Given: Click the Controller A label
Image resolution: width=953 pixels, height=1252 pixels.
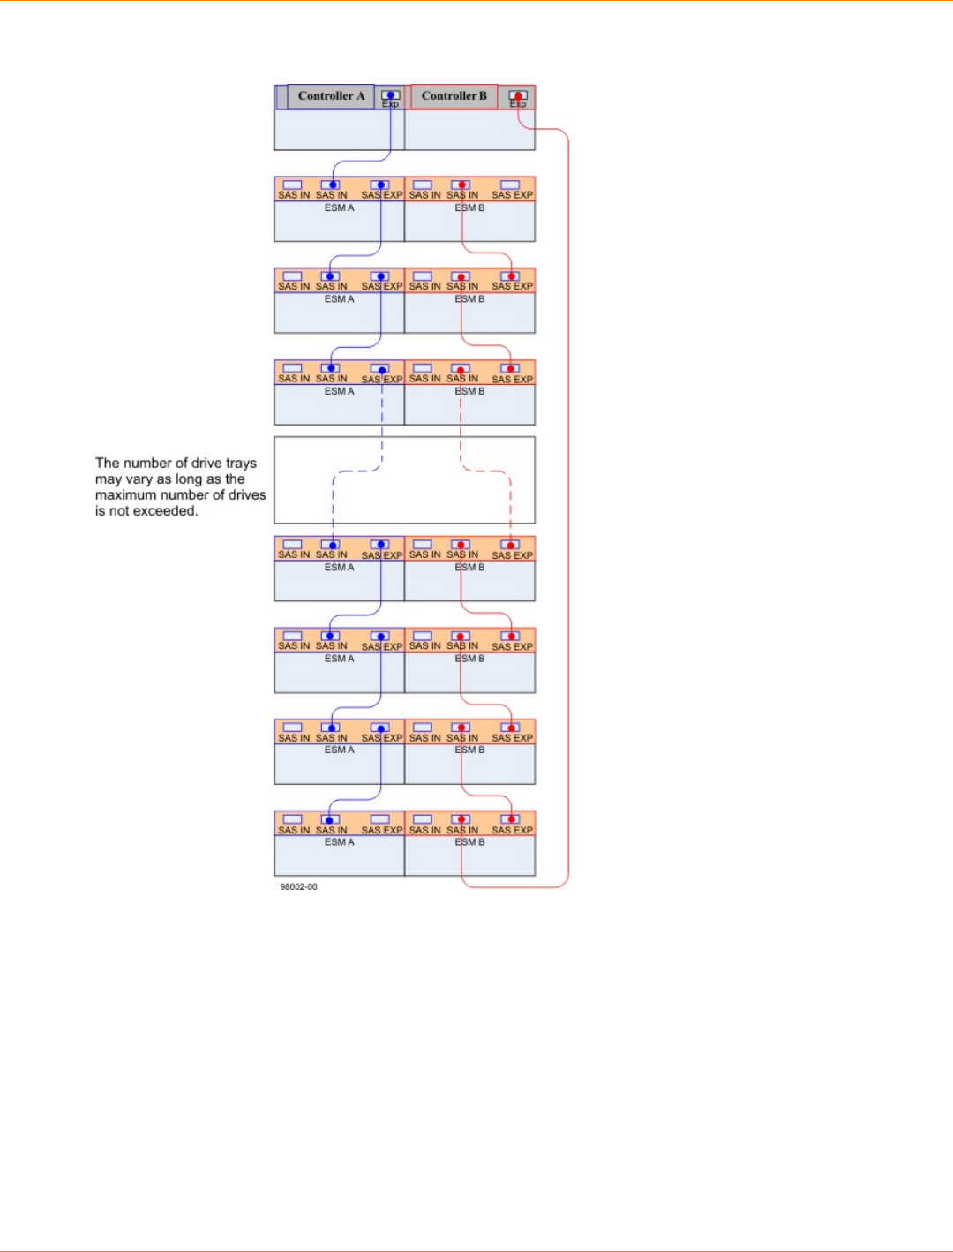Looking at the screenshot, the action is coord(331,96).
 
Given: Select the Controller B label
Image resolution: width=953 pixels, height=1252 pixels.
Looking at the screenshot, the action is coord(454,96).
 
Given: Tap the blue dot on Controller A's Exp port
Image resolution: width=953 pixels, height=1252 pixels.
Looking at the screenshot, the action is coord(390,95).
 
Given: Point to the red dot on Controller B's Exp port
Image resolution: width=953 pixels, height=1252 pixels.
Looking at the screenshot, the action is coord(518,95).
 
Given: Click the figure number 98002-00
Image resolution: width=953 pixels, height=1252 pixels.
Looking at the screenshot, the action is coord(298,886).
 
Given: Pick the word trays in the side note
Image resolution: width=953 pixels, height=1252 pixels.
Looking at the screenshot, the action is coord(241,463).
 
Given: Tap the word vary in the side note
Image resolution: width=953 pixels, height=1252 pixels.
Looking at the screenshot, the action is coord(139,479).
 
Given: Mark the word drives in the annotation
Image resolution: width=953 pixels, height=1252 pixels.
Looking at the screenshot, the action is coord(247,495).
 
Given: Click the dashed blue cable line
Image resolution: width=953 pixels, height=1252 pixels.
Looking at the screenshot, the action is coord(333,499).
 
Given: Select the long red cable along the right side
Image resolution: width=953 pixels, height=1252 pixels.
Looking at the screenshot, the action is coord(568,512).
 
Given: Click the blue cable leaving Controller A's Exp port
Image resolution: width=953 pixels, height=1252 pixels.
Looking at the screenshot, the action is coord(390,132).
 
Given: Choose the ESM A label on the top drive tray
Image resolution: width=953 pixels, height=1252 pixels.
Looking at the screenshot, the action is coord(339,208).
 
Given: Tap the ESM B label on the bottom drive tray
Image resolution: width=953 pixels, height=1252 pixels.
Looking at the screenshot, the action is coord(469,842).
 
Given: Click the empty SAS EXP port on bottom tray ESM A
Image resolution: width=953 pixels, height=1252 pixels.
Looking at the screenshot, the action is coord(380,819).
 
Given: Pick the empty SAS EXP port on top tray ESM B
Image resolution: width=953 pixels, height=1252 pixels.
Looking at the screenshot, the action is coord(510,185).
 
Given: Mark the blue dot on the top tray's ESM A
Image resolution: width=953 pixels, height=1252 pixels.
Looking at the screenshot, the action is coord(331,185).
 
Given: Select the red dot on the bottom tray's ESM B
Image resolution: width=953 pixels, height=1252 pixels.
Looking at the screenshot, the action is coord(461,819).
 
